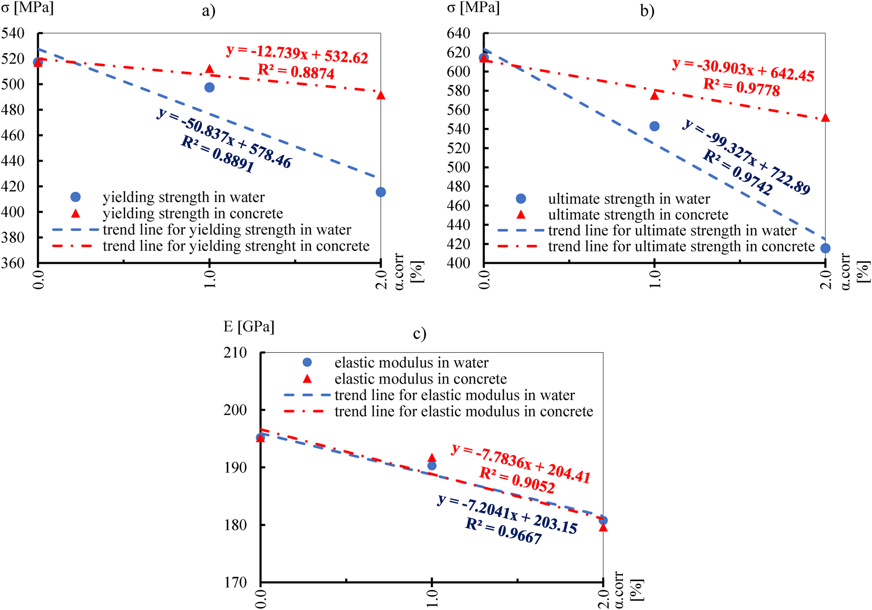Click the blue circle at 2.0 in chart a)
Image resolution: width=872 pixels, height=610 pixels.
pyautogui.click(x=381, y=192)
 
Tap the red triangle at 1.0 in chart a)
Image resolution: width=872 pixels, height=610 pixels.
pyautogui.click(x=209, y=69)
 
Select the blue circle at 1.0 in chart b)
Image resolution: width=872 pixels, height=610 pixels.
pyautogui.click(x=655, y=126)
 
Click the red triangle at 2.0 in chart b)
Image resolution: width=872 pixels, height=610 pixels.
pyautogui.click(x=825, y=118)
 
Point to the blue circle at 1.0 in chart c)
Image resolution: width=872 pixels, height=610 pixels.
pyautogui.click(x=432, y=466)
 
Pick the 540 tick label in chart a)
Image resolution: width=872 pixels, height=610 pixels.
pyautogui.click(x=13, y=34)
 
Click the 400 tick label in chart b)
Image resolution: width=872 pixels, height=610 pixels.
pyautogui.click(x=458, y=263)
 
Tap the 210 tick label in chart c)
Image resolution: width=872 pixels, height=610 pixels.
pyautogui.click(x=235, y=353)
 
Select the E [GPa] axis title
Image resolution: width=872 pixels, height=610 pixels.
pyautogui.click(x=249, y=327)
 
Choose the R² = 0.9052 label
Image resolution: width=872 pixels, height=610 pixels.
pyautogui.click(x=517, y=481)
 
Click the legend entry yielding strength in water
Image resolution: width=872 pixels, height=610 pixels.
pyautogui.click(x=184, y=198)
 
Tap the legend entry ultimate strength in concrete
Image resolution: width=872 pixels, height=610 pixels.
pyautogui.click(x=638, y=215)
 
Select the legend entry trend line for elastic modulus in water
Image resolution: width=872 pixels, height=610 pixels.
pyautogui.click(x=454, y=396)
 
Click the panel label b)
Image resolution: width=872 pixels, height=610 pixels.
pyautogui.click(x=647, y=11)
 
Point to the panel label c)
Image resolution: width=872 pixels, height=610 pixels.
pyautogui.click(x=419, y=333)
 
